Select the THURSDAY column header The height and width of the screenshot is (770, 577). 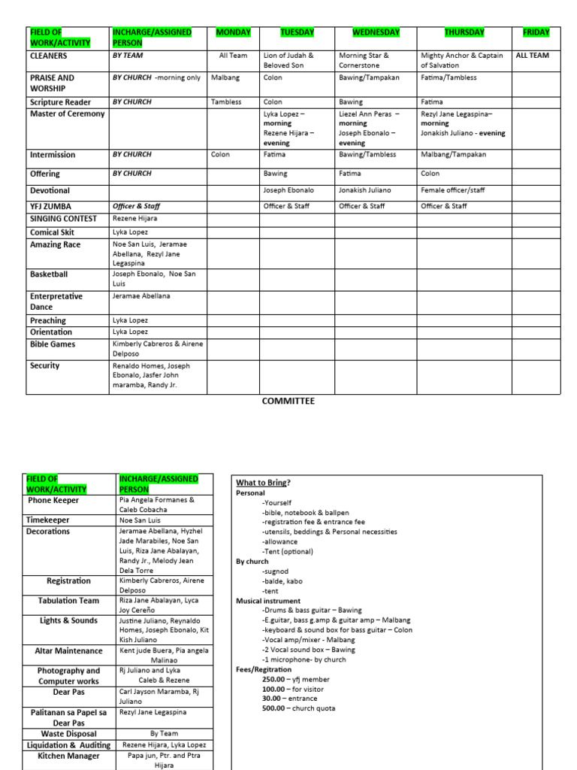click(464, 32)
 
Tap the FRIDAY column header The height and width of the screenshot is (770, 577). click(536, 32)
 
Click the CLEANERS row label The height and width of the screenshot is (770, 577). click(48, 56)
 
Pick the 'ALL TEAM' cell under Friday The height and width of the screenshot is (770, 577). click(532, 56)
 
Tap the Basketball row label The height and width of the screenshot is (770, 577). click(49, 274)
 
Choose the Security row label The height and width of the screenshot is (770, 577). click(45, 365)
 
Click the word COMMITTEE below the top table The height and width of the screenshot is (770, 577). click(288, 401)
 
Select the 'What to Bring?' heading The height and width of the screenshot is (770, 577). click(264, 482)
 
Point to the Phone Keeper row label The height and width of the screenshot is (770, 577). click(53, 499)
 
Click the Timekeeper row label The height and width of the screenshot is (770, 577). click(47, 520)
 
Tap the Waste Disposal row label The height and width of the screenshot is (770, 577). click(69, 734)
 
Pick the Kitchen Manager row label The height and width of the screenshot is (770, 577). click(68, 756)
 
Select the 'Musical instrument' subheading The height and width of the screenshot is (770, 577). click(268, 601)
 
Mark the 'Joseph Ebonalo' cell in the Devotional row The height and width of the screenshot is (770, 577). click(288, 190)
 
